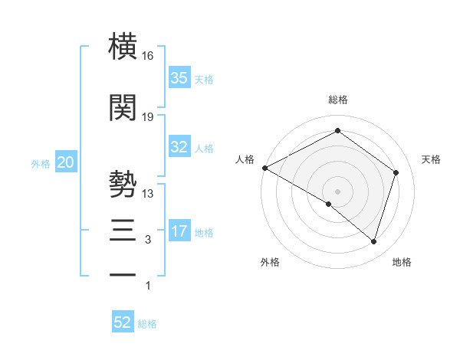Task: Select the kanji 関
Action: point(123,107)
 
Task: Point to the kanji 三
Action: point(123,230)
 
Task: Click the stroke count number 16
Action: point(148,56)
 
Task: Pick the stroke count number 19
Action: point(148,116)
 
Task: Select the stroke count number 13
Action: point(148,193)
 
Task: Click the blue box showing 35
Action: point(179,77)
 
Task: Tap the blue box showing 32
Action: point(179,147)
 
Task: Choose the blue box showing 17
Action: point(179,231)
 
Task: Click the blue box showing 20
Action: point(66,162)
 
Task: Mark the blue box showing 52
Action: point(123,322)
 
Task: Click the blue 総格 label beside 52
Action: point(147,324)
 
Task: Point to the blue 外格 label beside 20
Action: point(41,164)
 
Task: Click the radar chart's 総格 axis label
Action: point(338,100)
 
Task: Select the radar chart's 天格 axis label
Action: point(432,159)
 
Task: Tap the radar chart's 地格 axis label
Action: point(402,262)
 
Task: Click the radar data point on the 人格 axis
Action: point(264,167)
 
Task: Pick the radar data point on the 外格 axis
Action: point(329,204)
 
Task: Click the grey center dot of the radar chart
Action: point(337,191)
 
